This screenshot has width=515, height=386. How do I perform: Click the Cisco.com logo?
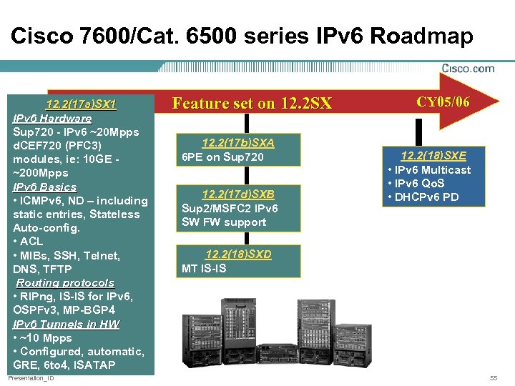468,69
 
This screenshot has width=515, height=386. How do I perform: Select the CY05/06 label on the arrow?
443,102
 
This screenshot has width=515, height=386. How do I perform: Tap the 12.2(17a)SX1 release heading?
81,105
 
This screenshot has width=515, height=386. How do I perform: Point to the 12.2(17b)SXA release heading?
238,143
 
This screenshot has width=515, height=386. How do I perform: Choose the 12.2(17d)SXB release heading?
238,194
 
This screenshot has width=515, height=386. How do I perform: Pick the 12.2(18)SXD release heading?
238,254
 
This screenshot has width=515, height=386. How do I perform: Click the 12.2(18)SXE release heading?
433,156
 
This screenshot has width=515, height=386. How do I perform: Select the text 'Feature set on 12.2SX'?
252,104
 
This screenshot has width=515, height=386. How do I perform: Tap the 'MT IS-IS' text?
204,269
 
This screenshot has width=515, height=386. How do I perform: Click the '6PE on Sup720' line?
222,157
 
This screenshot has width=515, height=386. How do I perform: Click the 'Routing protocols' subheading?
65,283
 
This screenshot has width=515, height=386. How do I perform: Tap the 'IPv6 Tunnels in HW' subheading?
66,325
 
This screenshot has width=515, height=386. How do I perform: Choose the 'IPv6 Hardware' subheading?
52,119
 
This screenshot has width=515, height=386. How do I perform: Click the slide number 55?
493,377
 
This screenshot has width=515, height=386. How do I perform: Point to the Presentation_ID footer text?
30,377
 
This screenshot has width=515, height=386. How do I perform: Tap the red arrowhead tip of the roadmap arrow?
498,101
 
